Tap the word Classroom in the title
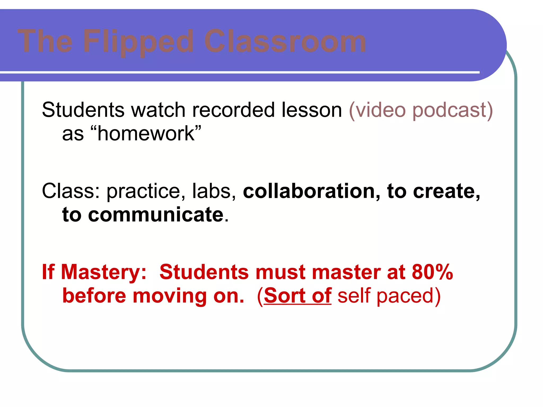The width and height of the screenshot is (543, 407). (285, 41)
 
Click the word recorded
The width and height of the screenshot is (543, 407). (233, 110)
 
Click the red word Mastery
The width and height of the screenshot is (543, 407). (104, 272)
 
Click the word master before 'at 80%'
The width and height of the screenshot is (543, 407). (346, 272)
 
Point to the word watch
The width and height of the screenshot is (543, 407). (158, 110)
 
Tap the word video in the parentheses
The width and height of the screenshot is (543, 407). (380, 110)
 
